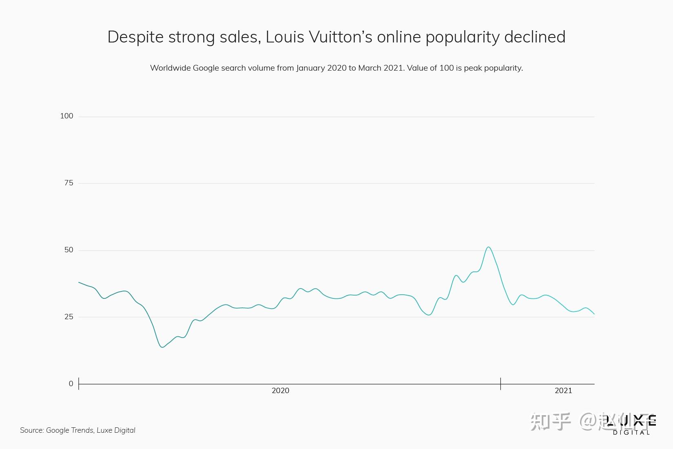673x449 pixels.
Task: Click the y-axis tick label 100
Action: click(x=66, y=116)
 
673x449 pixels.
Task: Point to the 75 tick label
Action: click(x=69, y=183)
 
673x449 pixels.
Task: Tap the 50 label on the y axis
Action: click(x=69, y=250)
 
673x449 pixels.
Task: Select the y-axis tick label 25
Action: click(x=69, y=317)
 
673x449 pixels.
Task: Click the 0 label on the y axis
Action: click(x=71, y=384)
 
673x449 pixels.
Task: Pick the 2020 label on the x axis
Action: click(x=280, y=391)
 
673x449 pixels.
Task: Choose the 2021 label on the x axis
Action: click(x=563, y=391)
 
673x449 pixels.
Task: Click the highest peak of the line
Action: click(x=488, y=247)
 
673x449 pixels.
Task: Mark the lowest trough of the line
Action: click(x=162, y=347)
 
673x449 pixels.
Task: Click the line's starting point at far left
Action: click(x=79, y=282)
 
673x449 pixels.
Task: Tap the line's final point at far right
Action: click(x=594, y=314)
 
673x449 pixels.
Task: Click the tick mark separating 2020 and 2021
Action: click(x=500, y=384)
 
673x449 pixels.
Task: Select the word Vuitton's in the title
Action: click(x=341, y=37)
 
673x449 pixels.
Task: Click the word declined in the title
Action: click(x=535, y=37)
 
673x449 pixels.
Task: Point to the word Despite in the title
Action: click(x=135, y=37)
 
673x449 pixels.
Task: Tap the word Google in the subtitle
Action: click(x=206, y=68)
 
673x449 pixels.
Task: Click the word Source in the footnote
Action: click(x=31, y=430)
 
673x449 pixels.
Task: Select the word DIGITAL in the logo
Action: click(x=631, y=433)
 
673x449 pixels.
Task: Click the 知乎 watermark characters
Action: click(x=550, y=422)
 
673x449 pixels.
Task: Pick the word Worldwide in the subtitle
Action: click(x=170, y=68)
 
